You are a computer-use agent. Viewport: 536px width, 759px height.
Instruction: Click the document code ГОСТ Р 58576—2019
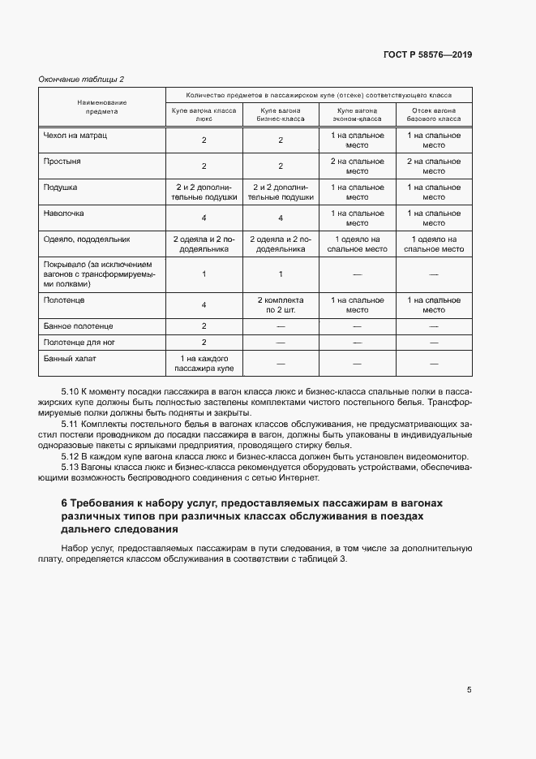tap(427, 54)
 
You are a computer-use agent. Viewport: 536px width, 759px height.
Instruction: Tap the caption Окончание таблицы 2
tap(82, 79)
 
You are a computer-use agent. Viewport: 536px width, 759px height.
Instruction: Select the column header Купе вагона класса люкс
tap(204, 114)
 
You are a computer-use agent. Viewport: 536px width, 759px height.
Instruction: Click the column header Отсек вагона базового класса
tap(433, 114)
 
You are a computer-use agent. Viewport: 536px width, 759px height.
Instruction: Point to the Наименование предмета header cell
tap(102, 107)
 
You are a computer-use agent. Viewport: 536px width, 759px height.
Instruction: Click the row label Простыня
tap(62, 162)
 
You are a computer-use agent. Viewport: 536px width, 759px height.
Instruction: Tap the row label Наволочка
tap(65, 213)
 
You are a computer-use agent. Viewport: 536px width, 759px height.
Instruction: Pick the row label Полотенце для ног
tap(79, 342)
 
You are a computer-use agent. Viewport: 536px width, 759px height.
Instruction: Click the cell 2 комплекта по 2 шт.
tap(280, 304)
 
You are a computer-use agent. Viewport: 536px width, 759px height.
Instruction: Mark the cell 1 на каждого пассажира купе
tap(204, 363)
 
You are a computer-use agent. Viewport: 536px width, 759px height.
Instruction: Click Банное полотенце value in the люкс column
tap(204, 326)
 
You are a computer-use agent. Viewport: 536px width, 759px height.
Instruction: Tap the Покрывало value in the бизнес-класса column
tap(280, 274)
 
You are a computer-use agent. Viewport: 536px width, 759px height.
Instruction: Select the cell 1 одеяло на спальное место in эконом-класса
tap(357, 244)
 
